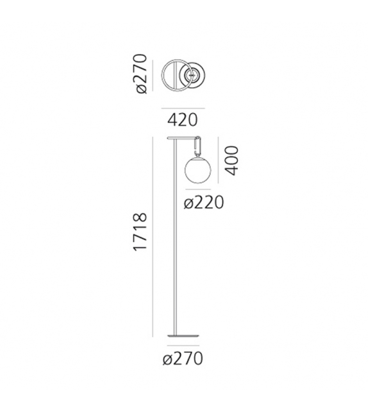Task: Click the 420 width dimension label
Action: coord(183,119)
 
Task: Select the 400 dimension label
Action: coord(232,160)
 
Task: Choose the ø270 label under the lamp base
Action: coord(183,358)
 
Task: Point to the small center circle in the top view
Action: coord(191,76)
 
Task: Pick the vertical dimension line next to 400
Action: coord(219,160)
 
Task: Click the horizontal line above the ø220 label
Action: coord(197,191)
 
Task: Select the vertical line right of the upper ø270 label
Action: coord(154,76)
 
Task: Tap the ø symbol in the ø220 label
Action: coord(188,204)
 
